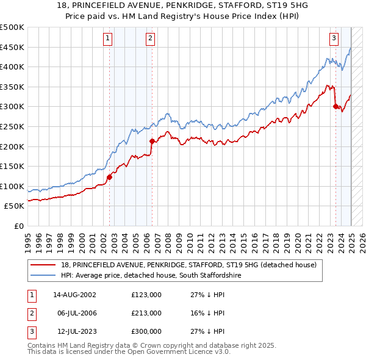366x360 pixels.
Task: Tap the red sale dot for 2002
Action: [110, 178]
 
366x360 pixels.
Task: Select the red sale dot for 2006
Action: [152, 142]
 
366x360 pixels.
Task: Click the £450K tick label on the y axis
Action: [12, 47]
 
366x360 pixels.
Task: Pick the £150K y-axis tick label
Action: [12, 166]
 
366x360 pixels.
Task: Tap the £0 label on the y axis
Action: [19, 226]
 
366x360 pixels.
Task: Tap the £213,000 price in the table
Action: [146, 313]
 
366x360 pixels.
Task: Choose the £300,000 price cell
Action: [146, 331]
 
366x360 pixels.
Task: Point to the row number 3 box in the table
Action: [31, 331]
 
